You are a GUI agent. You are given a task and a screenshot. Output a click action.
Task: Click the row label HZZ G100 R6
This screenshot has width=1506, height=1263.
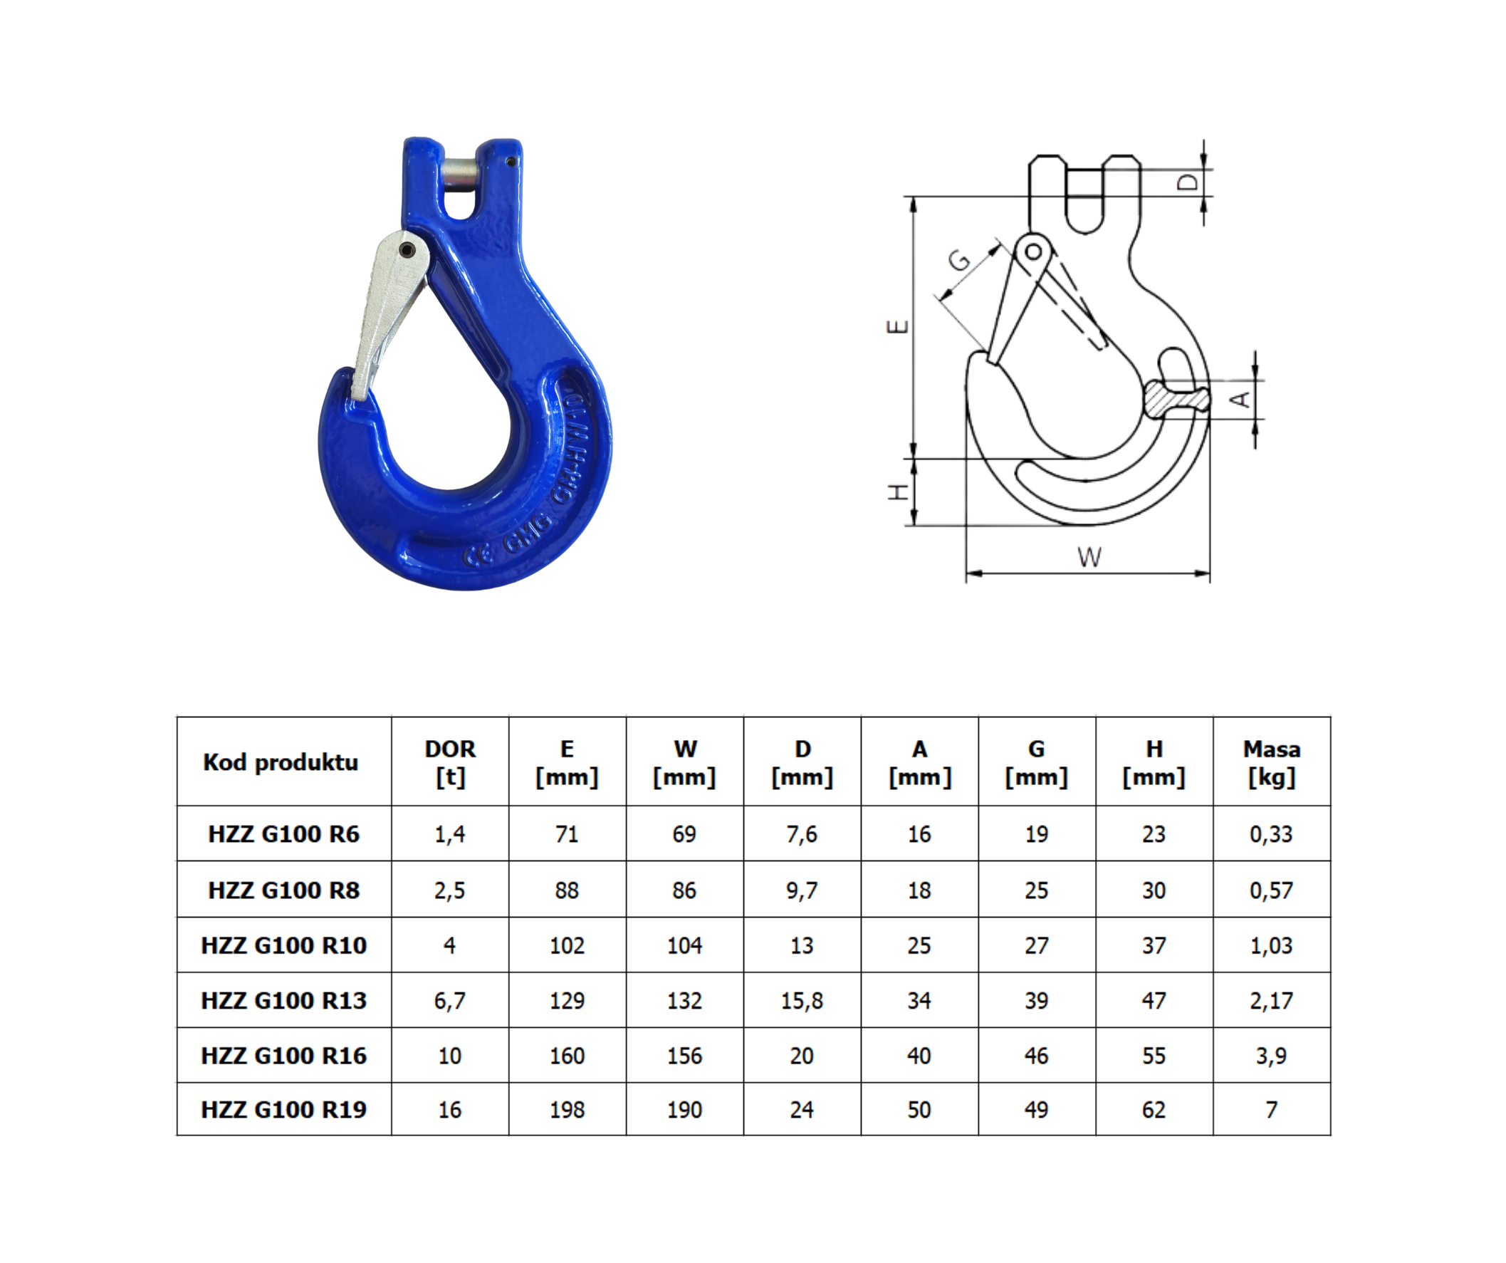click(x=283, y=834)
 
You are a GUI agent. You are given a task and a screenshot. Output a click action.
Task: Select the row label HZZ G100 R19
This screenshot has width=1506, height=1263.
click(x=283, y=1109)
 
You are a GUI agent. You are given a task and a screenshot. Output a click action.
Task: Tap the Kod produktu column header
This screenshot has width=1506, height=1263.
click(x=281, y=762)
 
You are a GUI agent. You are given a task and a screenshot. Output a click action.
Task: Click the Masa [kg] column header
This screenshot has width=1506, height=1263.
click(x=1272, y=762)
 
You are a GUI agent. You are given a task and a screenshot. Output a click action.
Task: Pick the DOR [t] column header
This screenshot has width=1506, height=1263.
click(x=449, y=762)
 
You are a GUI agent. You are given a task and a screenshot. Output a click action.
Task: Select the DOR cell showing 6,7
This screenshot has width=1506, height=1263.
click(x=449, y=1000)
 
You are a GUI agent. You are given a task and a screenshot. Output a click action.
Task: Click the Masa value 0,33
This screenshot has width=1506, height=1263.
click(x=1272, y=834)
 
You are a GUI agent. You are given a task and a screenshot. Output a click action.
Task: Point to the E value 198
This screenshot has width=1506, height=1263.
click(x=567, y=1109)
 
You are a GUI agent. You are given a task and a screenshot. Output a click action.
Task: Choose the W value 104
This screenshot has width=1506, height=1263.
click(x=684, y=945)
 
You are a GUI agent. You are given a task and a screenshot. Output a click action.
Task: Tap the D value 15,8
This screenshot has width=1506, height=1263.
click(x=802, y=1000)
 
